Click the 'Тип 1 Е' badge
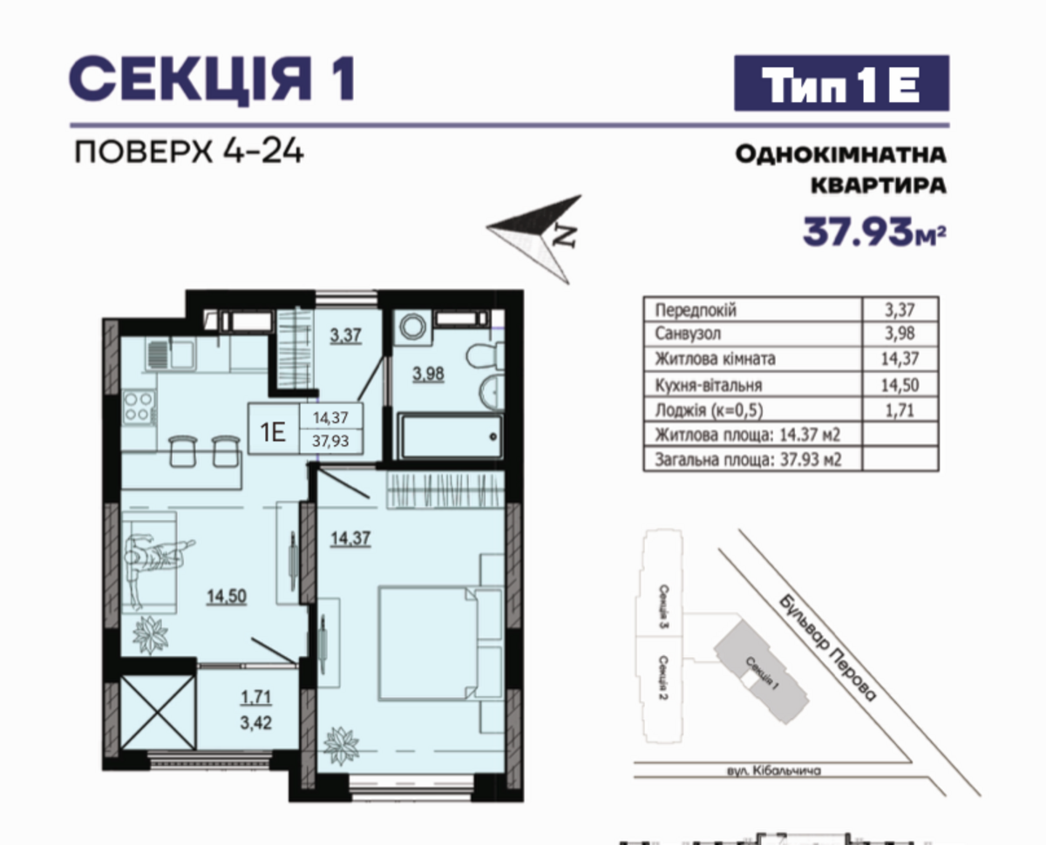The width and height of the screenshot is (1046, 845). click(841, 83)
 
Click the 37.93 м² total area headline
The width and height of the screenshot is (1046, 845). click(874, 232)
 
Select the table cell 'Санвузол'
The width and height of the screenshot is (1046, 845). click(688, 334)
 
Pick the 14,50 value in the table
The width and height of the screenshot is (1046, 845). click(900, 385)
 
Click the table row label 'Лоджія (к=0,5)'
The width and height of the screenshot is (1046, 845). click(710, 409)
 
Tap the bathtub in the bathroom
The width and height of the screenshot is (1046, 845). click(452, 436)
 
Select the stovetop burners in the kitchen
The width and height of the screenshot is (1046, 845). click(139, 408)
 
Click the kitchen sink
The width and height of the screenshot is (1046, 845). click(169, 354)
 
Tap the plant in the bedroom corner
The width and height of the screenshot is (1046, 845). click(341, 746)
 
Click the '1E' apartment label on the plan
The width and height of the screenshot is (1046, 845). click(273, 432)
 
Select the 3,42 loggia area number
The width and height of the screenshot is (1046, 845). click(256, 723)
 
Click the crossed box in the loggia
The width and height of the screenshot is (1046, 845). click(158, 712)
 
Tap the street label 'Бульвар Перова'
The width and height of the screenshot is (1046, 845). click(827, 648)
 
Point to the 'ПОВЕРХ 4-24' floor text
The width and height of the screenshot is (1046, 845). click(189, 152)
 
